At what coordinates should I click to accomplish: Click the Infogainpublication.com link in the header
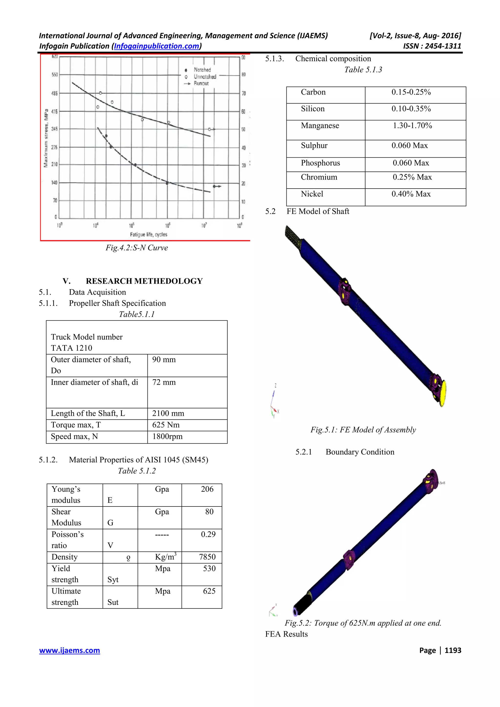[156, 46]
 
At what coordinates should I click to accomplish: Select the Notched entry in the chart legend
[202, 70]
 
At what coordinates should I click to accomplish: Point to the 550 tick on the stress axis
[54, 74]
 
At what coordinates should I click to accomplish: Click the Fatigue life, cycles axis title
[148, 234]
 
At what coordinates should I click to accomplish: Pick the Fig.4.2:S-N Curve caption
[137, 248]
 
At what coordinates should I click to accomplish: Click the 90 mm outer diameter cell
[164, 360]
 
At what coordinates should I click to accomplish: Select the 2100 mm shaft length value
[168, 413]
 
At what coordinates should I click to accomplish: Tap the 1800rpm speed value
[167, 436]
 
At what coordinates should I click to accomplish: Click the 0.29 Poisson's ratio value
[208, 534]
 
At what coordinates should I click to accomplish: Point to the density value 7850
[207, 557]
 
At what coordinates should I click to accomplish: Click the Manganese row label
[320, 126]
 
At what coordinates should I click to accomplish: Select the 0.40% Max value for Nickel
[411, 194]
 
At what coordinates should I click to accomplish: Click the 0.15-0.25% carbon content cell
[411, 92]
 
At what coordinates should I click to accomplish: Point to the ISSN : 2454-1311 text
[432, 46]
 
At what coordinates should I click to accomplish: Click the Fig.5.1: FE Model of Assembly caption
[363, 430]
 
